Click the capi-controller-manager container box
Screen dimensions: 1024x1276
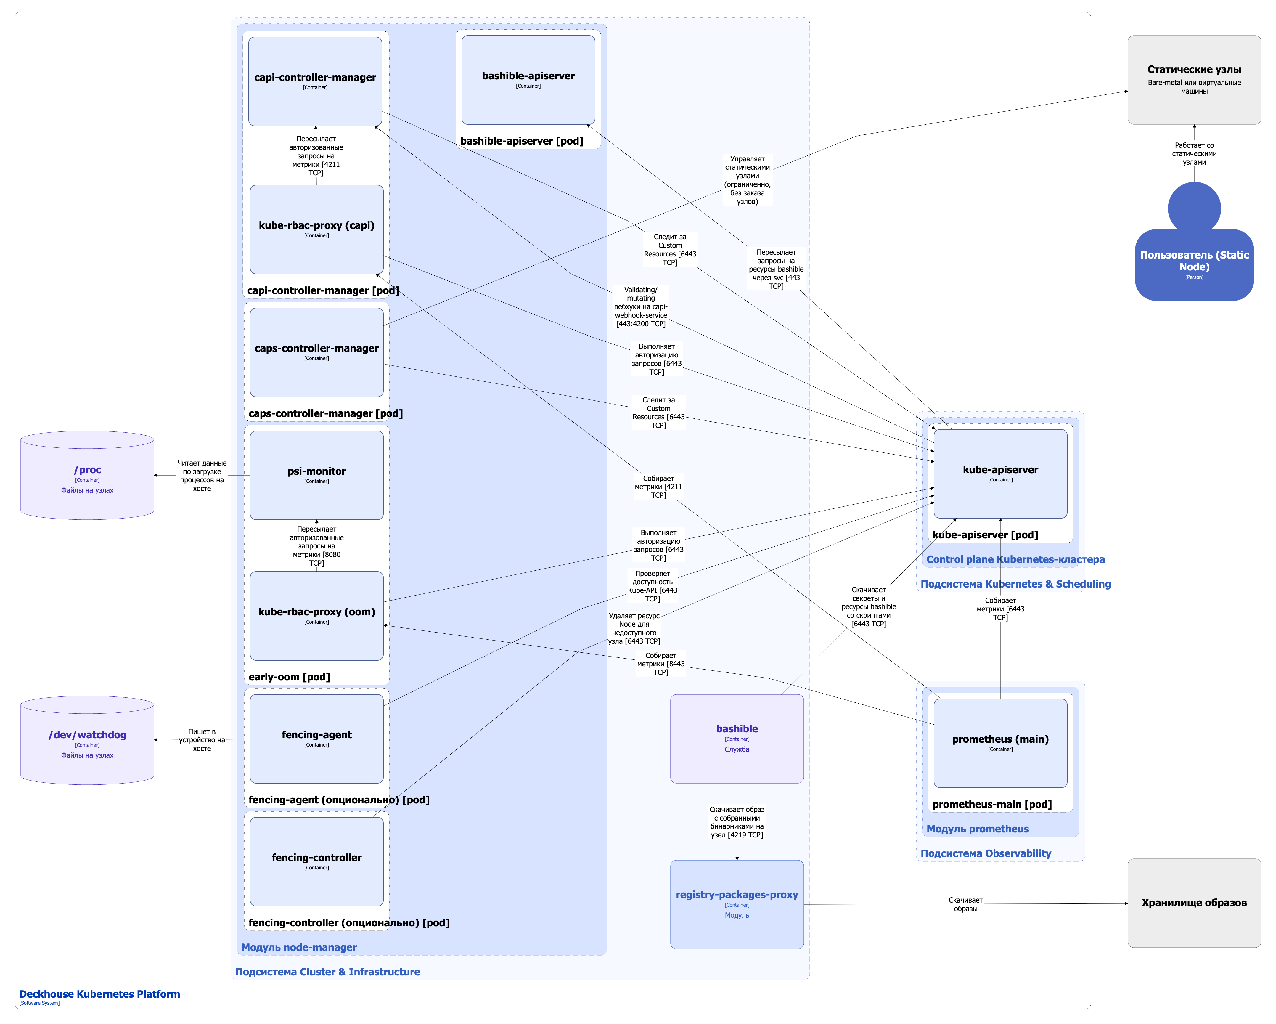tap(315, 81)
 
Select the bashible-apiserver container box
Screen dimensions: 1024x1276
tap(528, 80)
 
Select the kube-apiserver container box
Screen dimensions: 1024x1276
tap(1000, 474)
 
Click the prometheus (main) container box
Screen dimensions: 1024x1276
tap(1000, 743)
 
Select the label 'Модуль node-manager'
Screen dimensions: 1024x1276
tap(299, 947)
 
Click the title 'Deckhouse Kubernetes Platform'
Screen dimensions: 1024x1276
tap(99, 994)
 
